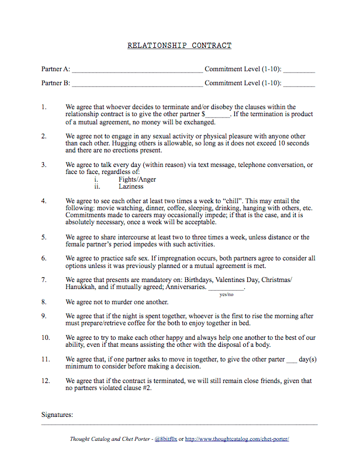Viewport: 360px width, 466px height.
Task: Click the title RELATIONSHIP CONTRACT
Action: pos(179,46)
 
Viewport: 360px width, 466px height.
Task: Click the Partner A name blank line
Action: pos(137,70)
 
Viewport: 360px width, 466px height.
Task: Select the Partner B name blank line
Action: pos(137,84)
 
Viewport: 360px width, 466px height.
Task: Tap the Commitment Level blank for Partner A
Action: pos(299,70)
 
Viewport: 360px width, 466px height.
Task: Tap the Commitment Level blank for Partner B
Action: pos(299,84)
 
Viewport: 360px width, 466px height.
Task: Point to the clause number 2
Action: pos(44,136)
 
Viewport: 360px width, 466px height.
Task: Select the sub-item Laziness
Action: pos(131,187)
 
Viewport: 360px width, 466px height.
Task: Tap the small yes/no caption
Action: pos(226,295)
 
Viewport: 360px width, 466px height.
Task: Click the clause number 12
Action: pos(45,381)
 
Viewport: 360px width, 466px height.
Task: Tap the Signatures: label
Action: pos(57,415)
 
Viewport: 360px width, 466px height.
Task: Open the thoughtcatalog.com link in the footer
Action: pos(237,439)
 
